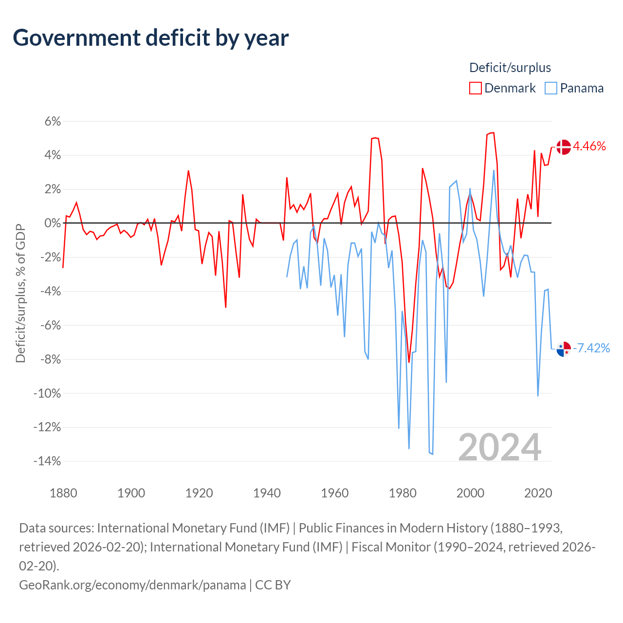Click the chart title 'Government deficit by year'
[x=150, y=38]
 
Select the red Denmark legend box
[x=475, y=88]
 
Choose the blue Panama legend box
[x=550, y=88]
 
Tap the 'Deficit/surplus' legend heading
[x=510, y=68]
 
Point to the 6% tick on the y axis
[x=53, y=121]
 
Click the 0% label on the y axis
[x=53, y=223]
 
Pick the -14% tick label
[x=47, y=461]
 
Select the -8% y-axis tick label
[x=51, y=359]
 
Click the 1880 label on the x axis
[x=63, y=493]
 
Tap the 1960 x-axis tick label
[x=334, y=493]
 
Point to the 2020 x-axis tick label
[x=538, y=493]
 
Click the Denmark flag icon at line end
[x=564, y=147]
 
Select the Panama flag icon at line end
[x=564, y=349]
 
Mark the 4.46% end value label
[x=589, y=147]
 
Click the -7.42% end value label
[x=591, y=348]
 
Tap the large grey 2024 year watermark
[x=499, y=447]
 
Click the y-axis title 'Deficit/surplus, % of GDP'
[x=21, y=293]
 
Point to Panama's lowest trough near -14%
[x=433, y=454]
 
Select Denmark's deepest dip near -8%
[x=409, y=362]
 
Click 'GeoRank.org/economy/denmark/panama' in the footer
[x=132, y=585]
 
